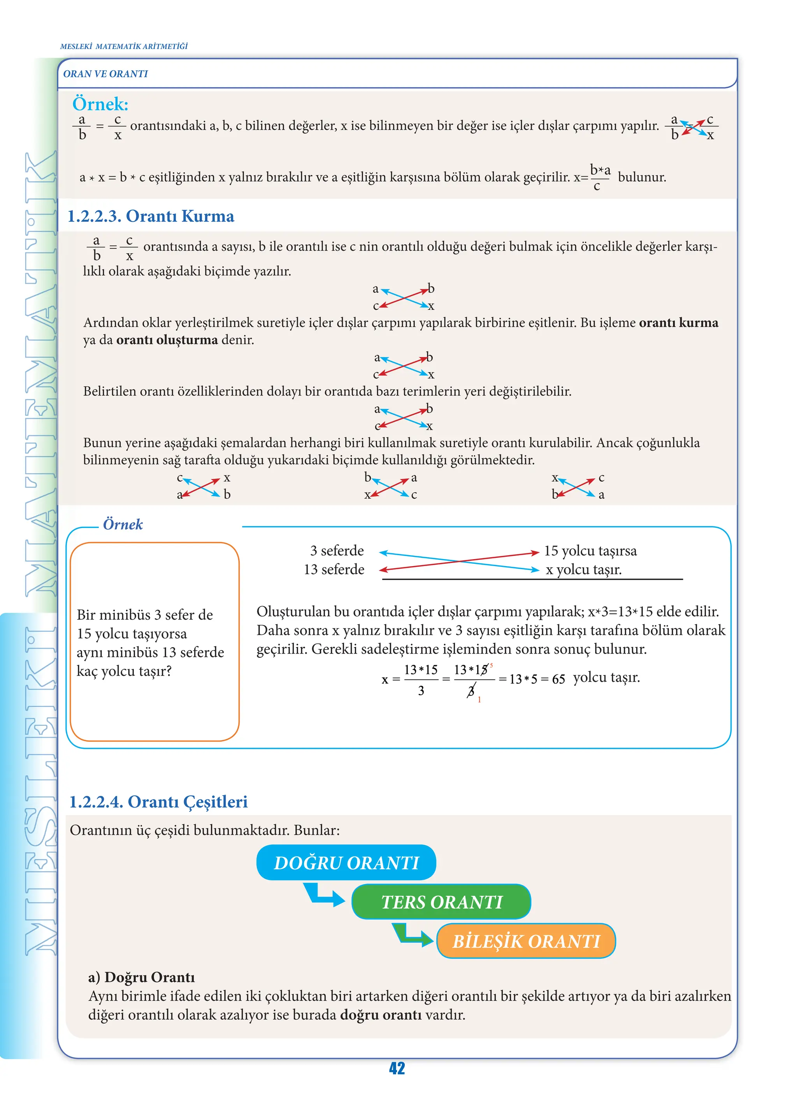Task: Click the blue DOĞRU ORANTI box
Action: pos(346,862)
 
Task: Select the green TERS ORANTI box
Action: pos(441,902)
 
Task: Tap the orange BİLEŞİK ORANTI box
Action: pos(526,941)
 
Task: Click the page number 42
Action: pos(397,1068)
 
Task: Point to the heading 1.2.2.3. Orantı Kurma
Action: pos(151,216)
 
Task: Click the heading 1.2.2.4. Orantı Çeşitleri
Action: pos(158,802)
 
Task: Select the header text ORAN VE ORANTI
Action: pos(105,73)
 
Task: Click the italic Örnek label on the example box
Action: pos(123,524)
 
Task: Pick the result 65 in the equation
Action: pos(558,679)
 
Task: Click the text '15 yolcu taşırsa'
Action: pos(590,551)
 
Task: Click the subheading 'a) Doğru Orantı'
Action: pos(141,977)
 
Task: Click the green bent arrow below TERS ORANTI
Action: pos(411,935)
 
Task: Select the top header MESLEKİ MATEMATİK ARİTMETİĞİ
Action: pos(124,46)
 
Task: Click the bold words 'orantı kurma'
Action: pos(678,323)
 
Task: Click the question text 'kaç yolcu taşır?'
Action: pos(124,671)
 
